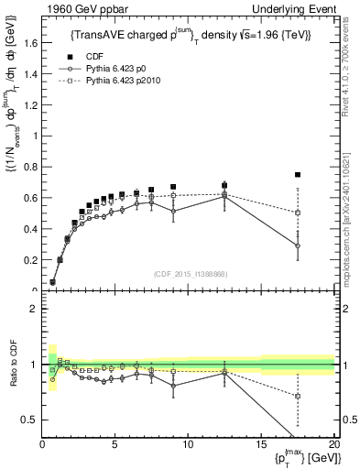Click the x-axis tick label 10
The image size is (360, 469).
coord(188,445)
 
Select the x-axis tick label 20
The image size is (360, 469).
coord(333,445)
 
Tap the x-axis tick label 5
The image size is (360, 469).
coord(115,445)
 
